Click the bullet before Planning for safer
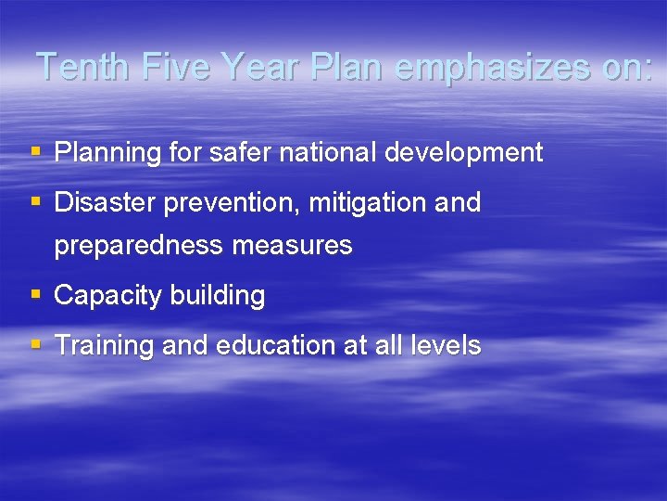point(35,151)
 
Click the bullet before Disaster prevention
point(35,201)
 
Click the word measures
point(304,246)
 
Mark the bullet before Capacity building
point(35,295)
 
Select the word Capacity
point(107,296)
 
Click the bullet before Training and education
point(35,345)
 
